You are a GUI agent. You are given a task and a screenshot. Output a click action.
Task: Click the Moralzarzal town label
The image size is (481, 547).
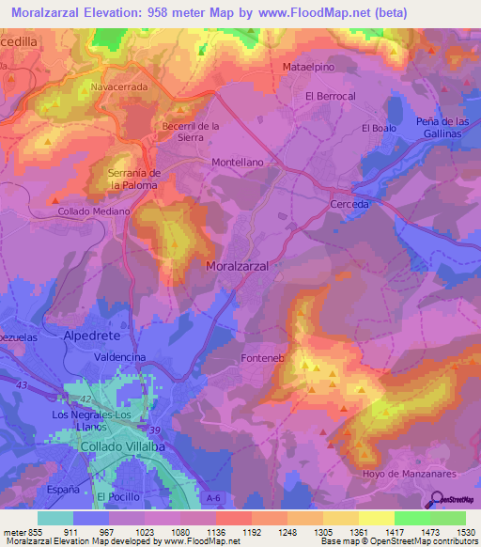point(237,267)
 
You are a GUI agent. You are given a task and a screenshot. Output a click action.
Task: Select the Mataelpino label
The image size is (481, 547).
point(309,68)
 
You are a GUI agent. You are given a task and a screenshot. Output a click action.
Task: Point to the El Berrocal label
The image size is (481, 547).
point(330,97)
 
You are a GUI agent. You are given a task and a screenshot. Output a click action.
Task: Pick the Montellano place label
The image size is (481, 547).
point(238,162)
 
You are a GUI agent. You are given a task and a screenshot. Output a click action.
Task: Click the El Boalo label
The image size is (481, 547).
point(380,128)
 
